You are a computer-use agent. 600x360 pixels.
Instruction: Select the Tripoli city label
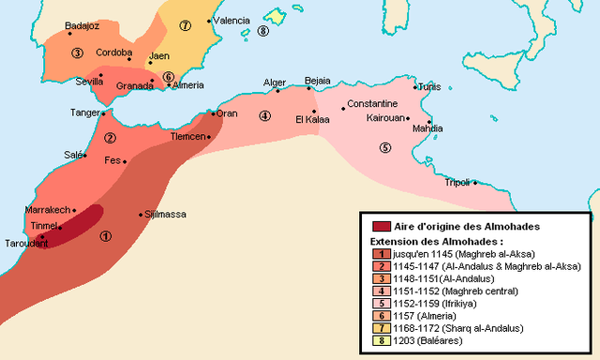pos(457,182)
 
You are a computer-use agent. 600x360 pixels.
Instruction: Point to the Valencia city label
pos(231,20)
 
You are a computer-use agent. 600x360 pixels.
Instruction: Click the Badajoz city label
pos(82,25)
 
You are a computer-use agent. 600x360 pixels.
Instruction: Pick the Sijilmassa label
pos(165,214)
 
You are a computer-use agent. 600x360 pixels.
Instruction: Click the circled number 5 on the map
pos(383,147)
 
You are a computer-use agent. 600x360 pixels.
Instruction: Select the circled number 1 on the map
pos(105,236)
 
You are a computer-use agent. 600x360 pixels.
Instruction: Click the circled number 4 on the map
pos(265,116)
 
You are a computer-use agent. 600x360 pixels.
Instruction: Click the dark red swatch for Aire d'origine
pos(381,226)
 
